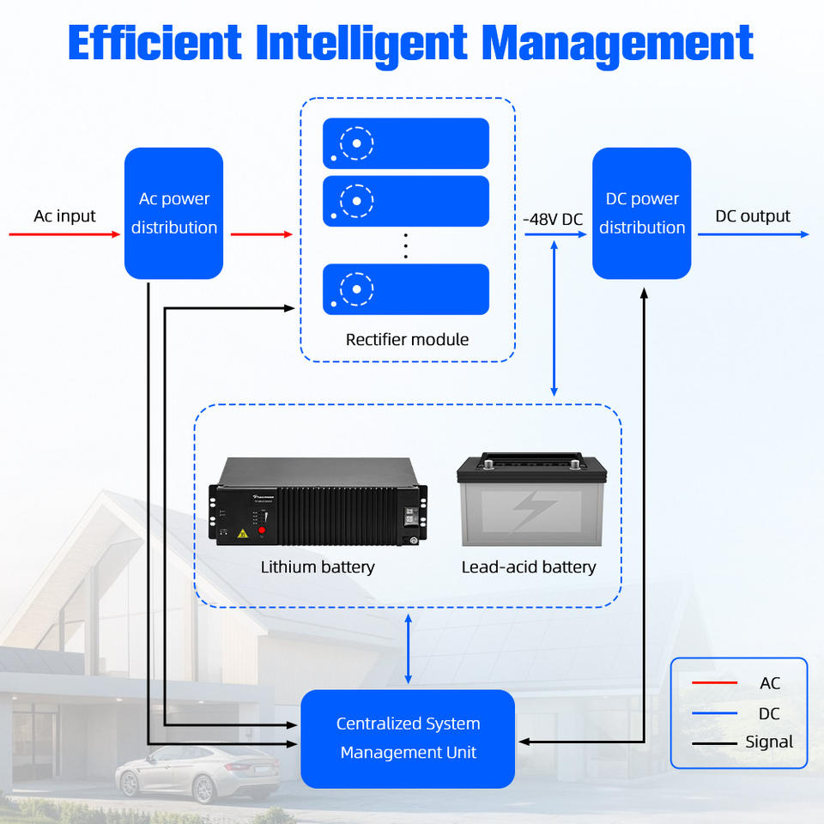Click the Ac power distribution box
coord(173,213)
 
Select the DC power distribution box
coord(642,213)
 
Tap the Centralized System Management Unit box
coord(408,738)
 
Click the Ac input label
coord(64,215)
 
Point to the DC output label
coord(753,215)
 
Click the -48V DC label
coord(553,219)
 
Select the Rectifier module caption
coord(407,339)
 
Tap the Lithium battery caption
coord(318,566)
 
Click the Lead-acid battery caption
coord(529,566)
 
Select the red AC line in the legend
coord(714,683)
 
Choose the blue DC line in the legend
coord(714,713)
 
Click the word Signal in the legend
coord(769,742)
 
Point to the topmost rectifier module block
coord(406,143)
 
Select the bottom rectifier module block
coord(406,289)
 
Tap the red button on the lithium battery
coord(262,530)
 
